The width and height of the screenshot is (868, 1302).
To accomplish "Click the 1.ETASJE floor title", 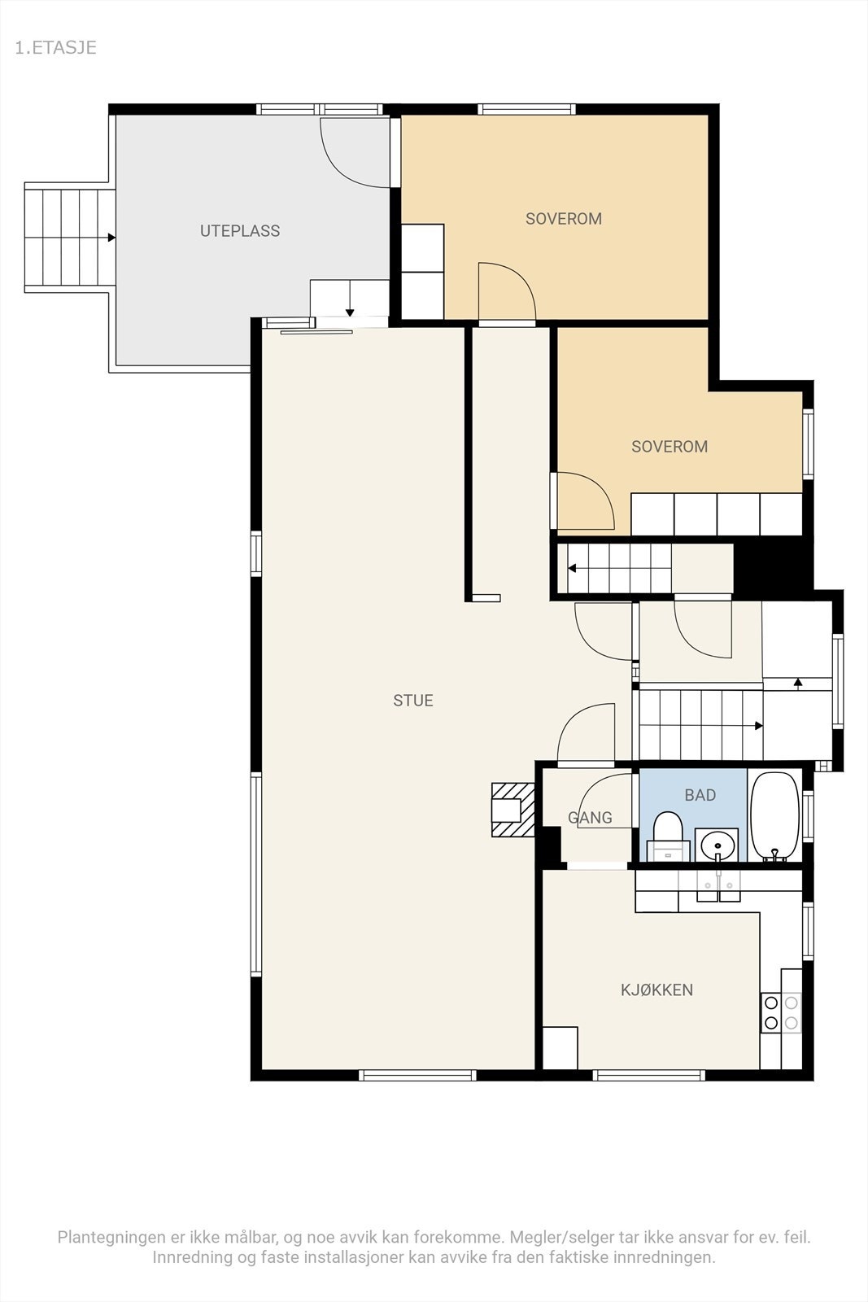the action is (x=56, y=48).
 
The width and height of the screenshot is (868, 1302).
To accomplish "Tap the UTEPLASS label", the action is (x=240, y=231).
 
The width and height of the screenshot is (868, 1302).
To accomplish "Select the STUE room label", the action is (x=413, y=701).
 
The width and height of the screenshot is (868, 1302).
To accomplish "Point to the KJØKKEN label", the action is (x=656, y=990).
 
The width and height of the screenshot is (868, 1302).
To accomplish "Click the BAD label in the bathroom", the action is (x=700, y=795).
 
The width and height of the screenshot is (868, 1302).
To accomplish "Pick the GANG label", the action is (x=590, y=818).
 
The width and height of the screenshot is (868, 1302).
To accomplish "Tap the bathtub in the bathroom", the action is (x=775, y=817).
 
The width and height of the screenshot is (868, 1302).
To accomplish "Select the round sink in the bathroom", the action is (x=717, y=845).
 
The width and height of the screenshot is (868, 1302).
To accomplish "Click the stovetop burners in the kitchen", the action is (x=781, y=1012).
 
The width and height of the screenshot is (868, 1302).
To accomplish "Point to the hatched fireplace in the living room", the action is (x=513, y=810).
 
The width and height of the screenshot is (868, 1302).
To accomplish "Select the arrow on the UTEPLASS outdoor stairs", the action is (x=111, y=238).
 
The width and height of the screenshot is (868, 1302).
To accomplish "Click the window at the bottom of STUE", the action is (x=417, y=1075).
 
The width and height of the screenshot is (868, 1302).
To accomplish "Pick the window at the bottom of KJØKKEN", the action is (x=649, y=1075).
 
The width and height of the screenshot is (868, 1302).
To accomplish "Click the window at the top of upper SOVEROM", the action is (x=527, y=109).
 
